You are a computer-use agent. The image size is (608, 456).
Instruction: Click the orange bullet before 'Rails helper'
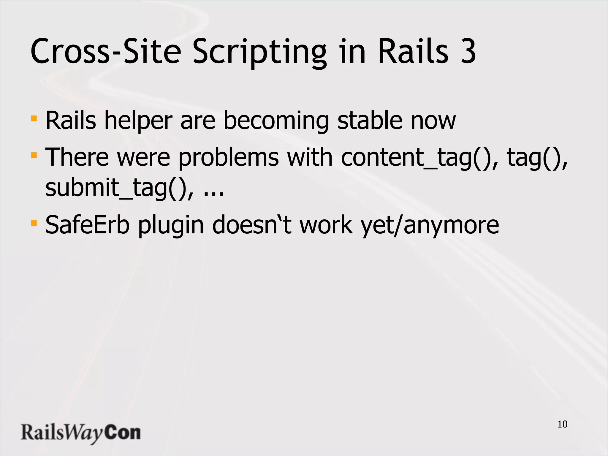34,119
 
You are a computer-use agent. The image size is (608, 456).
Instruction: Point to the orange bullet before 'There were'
34,155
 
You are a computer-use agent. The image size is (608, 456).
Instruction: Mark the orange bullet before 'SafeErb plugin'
34,223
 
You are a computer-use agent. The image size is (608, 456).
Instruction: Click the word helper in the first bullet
138,121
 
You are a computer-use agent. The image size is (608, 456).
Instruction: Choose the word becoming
276,121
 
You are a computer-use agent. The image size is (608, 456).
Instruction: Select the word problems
229,157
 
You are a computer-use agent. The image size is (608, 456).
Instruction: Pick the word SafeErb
87,225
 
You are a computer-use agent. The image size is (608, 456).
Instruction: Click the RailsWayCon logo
80,433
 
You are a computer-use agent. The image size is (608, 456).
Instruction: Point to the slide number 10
562,425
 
